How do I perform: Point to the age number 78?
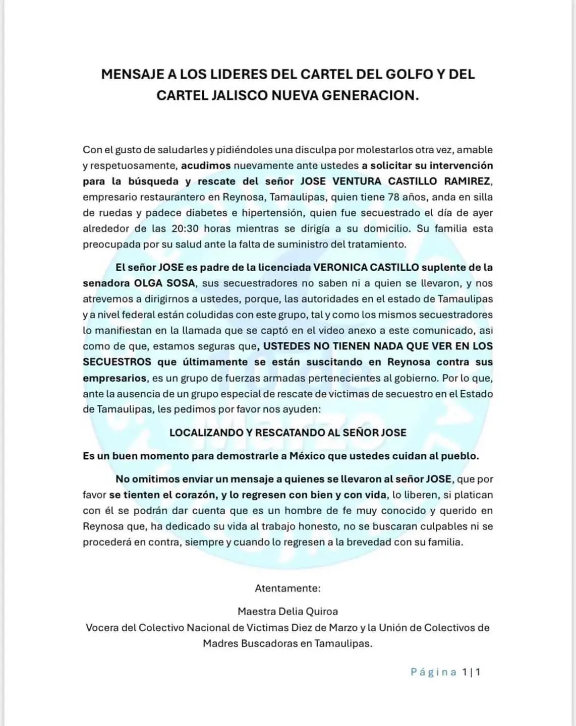395,197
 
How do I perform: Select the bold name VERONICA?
340,267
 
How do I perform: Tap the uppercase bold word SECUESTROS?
117,362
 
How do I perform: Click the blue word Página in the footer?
433,672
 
